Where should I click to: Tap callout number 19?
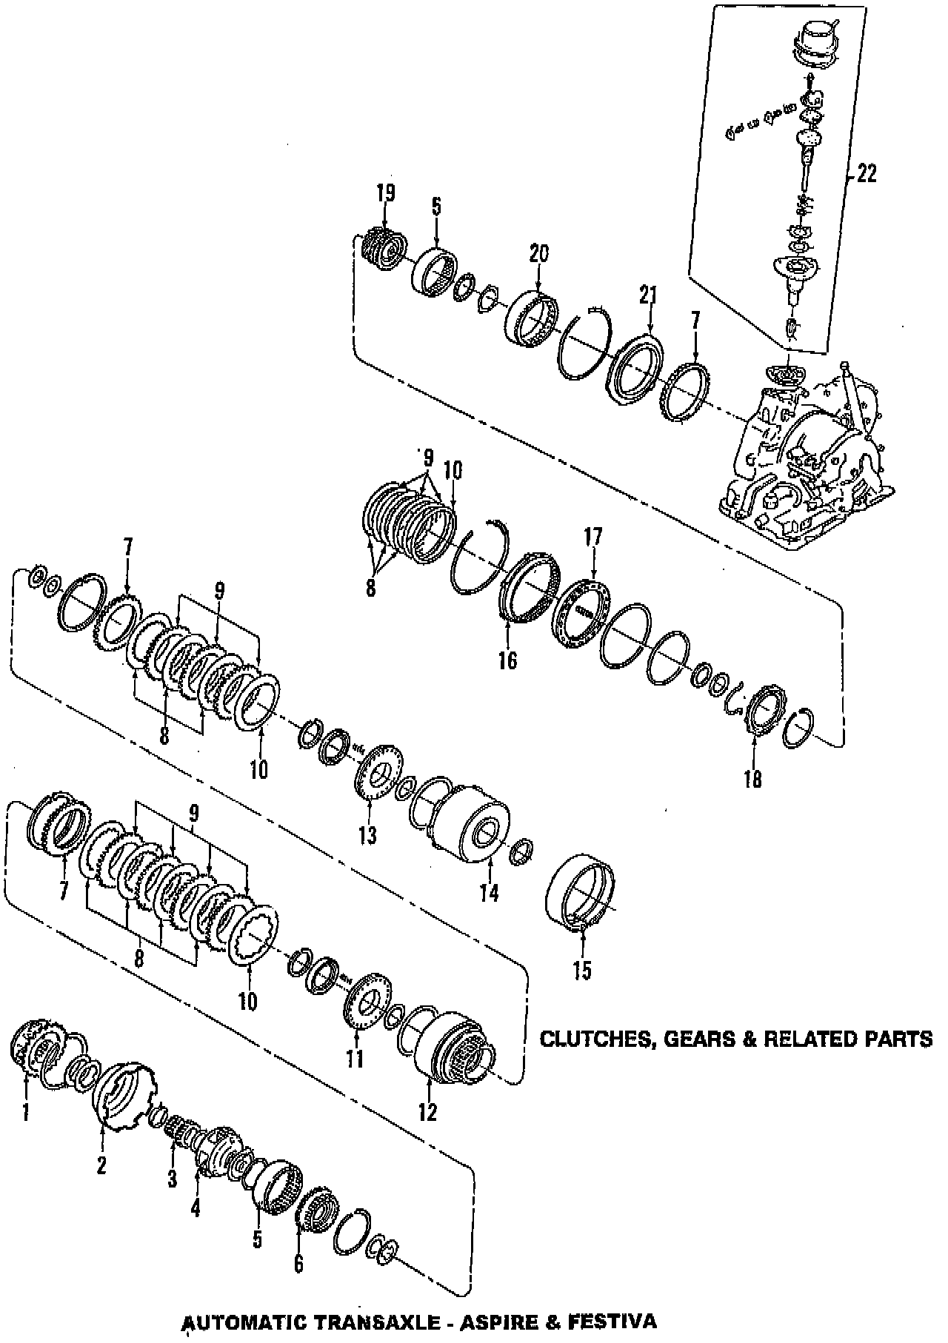(385, 193)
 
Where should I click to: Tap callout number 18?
(752, 779)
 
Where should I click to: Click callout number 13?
(367, 835)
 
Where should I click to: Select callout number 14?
(488, 893)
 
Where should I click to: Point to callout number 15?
(582, 971)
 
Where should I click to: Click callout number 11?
(355, 1059)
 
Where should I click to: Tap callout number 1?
(26, 1111)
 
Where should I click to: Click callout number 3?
(172, 1179)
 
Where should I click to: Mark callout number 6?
(298, 1263)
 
